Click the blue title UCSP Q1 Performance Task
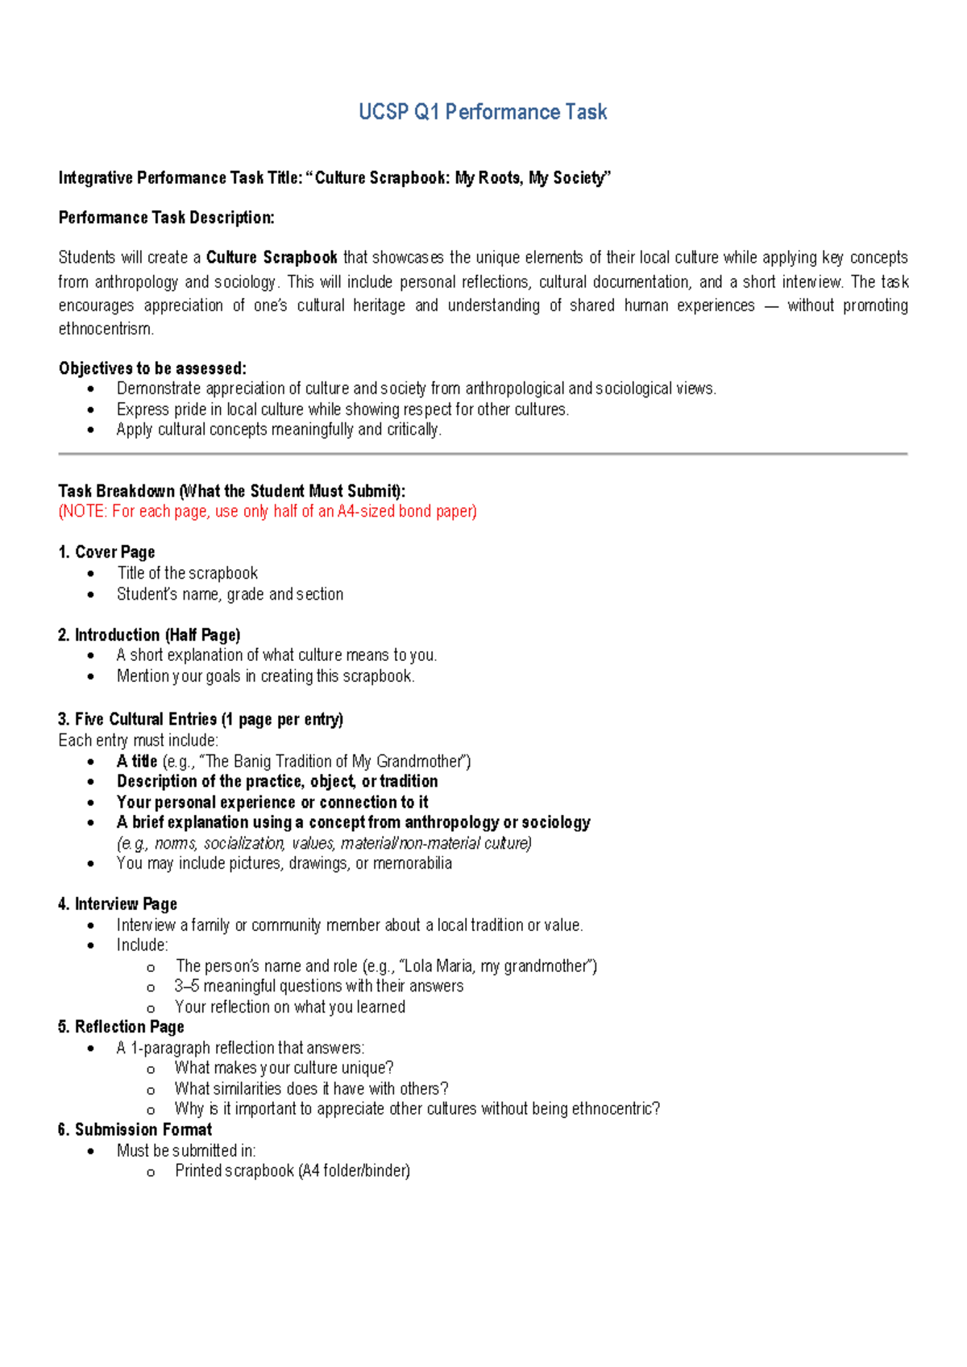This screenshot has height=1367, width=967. point(482,112)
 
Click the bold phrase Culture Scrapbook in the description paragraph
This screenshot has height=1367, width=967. point(272,258)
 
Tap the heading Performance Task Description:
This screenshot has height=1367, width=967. point(166,218)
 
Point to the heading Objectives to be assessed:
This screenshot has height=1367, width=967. point(152,368)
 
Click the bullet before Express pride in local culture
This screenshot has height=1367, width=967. point(91,410)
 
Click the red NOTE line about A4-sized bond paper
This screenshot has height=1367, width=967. point(268,512)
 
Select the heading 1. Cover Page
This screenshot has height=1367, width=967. point(106,552)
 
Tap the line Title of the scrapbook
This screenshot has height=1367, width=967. point(187,573)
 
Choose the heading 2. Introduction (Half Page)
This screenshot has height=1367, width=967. point(149,635)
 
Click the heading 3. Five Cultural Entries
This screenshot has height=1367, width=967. point(201,719)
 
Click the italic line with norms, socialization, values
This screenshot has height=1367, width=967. point(324,843)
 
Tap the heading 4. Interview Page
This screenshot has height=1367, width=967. point(118,904)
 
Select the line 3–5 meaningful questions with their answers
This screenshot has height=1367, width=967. point(319,987)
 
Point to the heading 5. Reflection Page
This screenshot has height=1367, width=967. point(121,1027)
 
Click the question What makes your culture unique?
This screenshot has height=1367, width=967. point(284,1068)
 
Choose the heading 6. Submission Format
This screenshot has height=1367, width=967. point(135,1130)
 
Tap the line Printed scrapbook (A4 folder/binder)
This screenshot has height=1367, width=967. point(292,1171)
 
